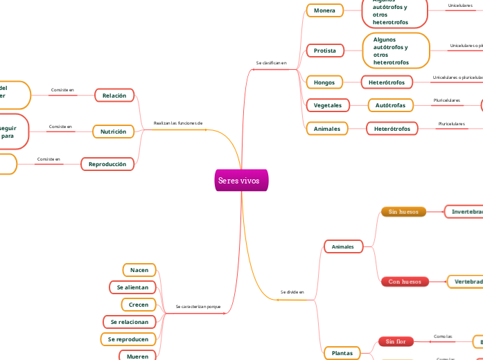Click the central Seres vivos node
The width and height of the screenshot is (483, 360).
(x=239, y=181)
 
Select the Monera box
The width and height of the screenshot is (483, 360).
(x=324, y=10)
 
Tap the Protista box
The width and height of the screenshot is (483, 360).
(x=324, y=51)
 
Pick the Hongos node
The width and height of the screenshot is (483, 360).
(x=324, y=82)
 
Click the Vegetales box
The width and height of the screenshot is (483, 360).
(x=327, y=105)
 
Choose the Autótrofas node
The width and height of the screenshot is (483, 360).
(x=391, y=105)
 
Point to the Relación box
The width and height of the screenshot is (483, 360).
(x=114, y=95)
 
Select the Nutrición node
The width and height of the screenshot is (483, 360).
(x=114, y=132)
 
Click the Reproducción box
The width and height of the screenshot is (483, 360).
(x=107, y=164)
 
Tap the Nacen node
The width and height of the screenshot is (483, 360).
(x=139, y=270)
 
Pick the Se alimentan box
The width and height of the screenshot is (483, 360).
(x=132, y=287)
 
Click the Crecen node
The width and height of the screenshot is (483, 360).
(x=139, y=305)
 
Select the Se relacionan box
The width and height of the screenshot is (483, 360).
(x=130, y=322)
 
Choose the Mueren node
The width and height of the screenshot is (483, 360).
(x=138, y=356)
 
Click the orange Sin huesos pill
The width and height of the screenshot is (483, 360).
(x=403, y=211)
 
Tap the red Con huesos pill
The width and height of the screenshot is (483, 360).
(x=404, y=282)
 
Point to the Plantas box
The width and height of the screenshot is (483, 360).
(x=342, y=353)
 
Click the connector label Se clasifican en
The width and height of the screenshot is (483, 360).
(x=271, y=63)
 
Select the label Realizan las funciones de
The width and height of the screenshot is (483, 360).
(x=178, y=123)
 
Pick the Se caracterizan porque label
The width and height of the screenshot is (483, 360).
(x=198, y=306)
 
